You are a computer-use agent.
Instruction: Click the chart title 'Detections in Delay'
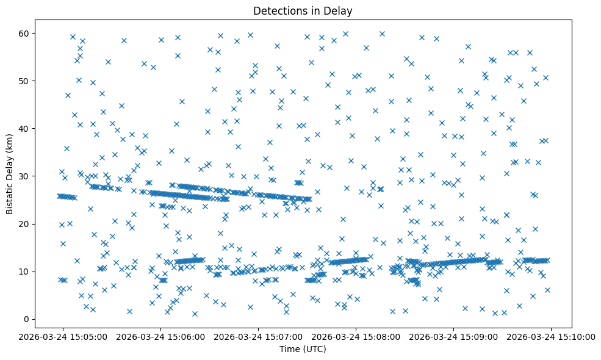coord(303,11)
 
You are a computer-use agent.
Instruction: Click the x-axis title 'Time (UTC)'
coord(303,350)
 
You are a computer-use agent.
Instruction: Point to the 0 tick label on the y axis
coord(27,319)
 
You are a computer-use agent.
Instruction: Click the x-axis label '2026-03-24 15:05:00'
coord(63,336)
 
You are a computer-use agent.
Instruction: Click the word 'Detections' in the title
coord(278,11)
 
